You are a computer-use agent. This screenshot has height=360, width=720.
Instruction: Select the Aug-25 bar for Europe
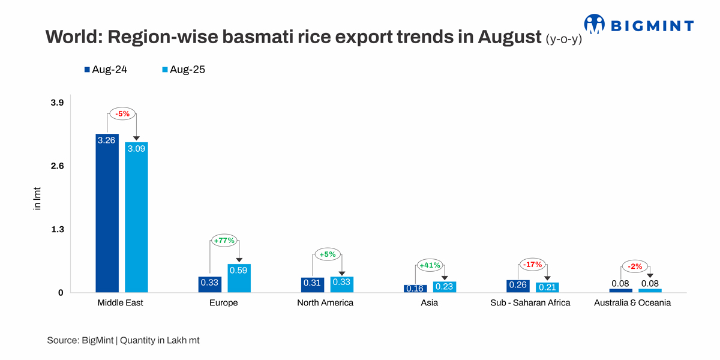tap(239, 278)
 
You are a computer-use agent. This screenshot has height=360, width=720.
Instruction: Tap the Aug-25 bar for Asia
tap(445, 287)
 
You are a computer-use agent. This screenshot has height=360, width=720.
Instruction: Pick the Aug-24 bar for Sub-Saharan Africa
tap(518, 286)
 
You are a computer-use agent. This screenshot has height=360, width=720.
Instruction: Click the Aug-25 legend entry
tap(184, 70)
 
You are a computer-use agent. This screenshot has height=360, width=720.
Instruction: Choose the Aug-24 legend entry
tap(106, 70)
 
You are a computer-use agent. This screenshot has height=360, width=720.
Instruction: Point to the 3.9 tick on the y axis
tap(57, 103)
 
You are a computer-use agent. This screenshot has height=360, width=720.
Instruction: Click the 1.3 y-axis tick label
tap(57, 230)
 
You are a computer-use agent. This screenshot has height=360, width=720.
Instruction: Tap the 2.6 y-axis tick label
tap(57, 166)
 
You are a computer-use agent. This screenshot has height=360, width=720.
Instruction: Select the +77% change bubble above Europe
tap(224, 241)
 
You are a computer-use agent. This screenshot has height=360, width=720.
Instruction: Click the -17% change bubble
tap(532, 265)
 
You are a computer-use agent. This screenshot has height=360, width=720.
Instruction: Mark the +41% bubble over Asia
tap(430, 265)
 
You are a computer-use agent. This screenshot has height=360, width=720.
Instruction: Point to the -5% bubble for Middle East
tap(122, 113)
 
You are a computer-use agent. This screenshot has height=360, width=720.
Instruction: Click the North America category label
tap(325, 303)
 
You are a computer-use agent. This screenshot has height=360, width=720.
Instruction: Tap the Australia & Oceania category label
tap(632, 303)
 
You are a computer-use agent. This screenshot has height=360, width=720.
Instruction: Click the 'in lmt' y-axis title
tap(38, 198)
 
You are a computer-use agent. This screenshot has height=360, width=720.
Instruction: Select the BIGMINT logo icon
tap(595, 25)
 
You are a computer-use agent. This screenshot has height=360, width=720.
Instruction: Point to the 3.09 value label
tap(136, 149)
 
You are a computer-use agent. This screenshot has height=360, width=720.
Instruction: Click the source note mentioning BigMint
tap(123, 340)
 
